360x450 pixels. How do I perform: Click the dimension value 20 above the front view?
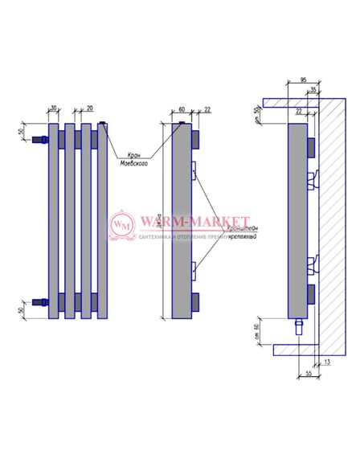click(89, 108)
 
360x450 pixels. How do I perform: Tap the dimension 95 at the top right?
click(304, 80)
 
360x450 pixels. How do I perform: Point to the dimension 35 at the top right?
click(313, 90)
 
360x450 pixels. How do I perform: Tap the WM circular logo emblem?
click(122, 224)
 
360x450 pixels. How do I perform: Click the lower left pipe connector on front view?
click(38, 304)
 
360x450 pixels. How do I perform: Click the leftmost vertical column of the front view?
click(53, 221)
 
